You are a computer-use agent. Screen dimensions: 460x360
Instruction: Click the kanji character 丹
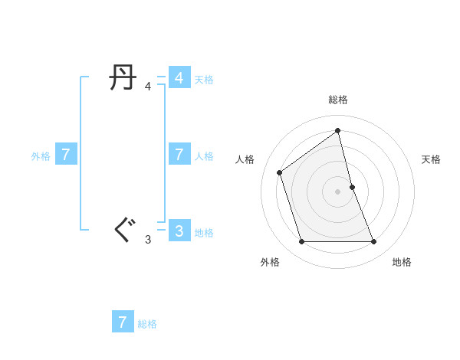[x=123, y=78]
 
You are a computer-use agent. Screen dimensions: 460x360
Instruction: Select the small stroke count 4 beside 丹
[x=148, y=87]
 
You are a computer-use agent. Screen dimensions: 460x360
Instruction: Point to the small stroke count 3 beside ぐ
[x=148, y=240]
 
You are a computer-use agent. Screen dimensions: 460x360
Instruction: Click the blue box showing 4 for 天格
[x=179, y=78]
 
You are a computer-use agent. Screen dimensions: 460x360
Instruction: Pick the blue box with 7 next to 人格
[x=179, y=155]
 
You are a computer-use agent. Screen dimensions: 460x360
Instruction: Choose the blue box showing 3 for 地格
[x=179, y=231]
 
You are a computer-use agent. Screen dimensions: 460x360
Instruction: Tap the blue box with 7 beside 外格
[x=66, y=155]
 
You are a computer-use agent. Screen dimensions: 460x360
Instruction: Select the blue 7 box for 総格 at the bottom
[x=123, y=322]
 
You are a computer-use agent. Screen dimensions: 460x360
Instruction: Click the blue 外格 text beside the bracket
[x=41, y=156]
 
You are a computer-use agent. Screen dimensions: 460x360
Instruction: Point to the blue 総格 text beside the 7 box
[x=147, y=324]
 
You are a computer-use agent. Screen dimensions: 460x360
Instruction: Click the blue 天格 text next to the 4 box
[x=204, y=80]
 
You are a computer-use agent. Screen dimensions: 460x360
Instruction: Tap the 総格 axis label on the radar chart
[x=338, y=100]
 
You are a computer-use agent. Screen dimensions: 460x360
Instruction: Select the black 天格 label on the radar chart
[x=432, y=159]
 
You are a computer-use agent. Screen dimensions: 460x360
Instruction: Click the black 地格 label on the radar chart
[x=402, y=262]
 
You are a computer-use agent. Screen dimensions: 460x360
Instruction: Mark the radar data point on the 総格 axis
[x=338, y=130]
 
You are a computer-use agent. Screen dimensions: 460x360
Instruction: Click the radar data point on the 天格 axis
[x=353, y=186]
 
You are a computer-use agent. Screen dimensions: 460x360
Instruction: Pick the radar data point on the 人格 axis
[x=280, y=172]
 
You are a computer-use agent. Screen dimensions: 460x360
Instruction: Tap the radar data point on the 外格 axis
[x=302, y=242]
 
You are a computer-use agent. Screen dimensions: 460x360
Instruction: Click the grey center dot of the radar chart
[x=338, y=191]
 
